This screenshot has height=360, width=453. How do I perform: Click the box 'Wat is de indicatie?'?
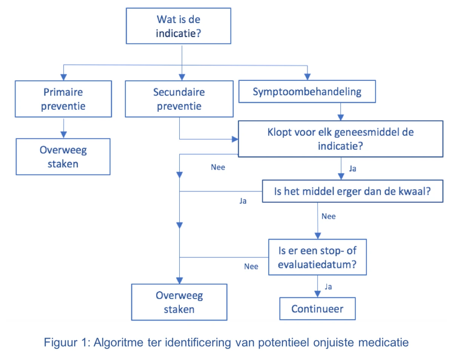pyautogui.click(x=178, y=26)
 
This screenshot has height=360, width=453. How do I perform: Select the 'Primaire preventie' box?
pyautogui.click(x=63, y=99)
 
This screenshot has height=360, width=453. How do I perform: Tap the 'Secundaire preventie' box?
pyautogui.click(x=179, y=99)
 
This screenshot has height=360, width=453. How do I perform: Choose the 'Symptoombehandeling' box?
pyautogui.click(x=307, y=91)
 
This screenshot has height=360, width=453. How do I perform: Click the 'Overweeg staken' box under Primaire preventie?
pyautogui.click(x=63, y=157)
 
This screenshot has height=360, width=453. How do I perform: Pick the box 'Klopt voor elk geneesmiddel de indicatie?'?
pyautogui.click(x=341, y=139)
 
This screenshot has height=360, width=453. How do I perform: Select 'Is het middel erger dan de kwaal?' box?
pyautogui.click(x=352, y=191)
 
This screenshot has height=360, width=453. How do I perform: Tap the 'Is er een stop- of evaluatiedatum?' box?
pyautogui.click(x=317, y=257)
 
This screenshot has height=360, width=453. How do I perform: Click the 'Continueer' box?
pyautogui.click(x=317, y=309)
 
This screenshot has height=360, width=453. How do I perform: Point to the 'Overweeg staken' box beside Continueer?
pyautogui.click(x=179, y=302)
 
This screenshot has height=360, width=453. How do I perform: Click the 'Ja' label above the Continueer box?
pyautogui.click(x=328, y=287)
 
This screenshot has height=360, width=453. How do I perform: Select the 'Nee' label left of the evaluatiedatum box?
pyautogui.click(x=251, y=266)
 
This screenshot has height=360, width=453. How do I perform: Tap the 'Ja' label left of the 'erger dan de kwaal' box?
pyautogui.click(x=243, y=201)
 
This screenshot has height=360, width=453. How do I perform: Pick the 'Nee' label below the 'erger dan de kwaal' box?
pyautogui.click(x=328, y=216)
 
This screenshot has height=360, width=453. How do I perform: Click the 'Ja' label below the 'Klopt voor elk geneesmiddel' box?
pyautogui.click(x=353, y=168)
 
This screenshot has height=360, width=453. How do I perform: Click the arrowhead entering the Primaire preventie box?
pyautogui.click(x=63, y=77)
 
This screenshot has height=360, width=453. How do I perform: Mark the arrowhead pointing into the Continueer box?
pyautogui.click(x=317, y=294)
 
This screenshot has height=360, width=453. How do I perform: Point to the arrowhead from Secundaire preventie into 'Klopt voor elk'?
pyautogui.click(x=235, y=139)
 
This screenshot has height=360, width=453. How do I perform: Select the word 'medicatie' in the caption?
pyautogui.click(x=383, y=342)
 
